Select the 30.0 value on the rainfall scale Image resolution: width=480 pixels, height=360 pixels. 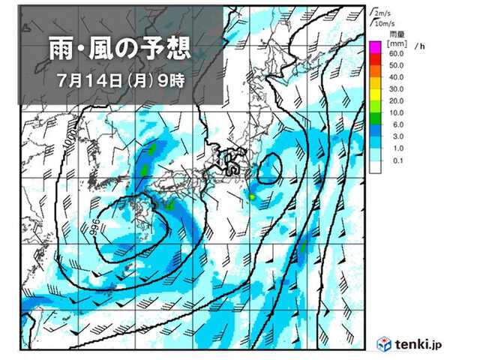397,89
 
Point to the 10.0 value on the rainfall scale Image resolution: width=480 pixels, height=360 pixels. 397,112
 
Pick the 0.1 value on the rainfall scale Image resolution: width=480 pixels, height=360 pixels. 397,161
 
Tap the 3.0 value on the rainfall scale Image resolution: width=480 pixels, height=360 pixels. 397,137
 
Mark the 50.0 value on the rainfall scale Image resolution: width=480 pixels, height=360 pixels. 397,65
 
